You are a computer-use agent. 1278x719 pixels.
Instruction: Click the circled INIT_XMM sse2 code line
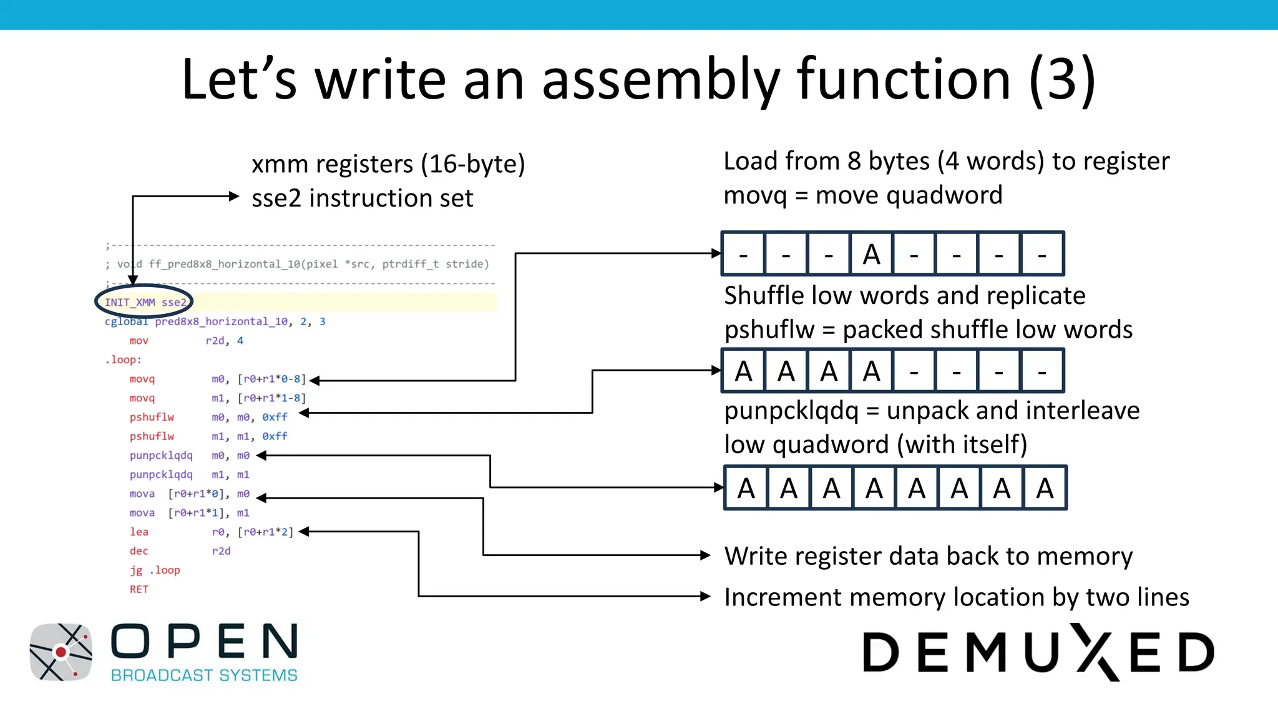(145, 302)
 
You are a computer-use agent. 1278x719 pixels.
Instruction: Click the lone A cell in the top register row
(871, 254)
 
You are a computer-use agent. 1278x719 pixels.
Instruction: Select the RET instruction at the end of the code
(139, 589)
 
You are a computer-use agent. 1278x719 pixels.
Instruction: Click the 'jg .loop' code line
(155, 570)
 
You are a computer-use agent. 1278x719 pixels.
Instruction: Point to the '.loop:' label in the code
(123, 359)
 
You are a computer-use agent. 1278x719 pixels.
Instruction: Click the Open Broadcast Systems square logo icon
(61, 652)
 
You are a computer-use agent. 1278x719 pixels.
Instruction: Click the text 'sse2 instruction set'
(362, 198)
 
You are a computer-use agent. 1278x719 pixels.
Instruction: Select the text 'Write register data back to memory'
(928, 555)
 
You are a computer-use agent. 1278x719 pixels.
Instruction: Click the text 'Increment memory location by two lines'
(956, 597)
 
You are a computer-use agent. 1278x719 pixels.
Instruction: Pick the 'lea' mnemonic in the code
(139, 532)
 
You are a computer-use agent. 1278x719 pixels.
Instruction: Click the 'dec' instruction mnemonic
(139, 551)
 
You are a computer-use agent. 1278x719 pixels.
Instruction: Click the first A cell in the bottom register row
(746, 488)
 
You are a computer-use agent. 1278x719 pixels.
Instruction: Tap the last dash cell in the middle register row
(1041, 371)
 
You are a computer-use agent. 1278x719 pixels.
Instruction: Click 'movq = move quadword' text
(862, 195)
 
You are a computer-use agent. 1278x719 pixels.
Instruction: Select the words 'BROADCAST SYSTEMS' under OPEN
(204, 675)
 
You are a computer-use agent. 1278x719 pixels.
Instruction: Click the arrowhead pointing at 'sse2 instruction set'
(235, 196)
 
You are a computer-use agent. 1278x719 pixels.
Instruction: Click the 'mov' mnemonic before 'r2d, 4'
(139, 341)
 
